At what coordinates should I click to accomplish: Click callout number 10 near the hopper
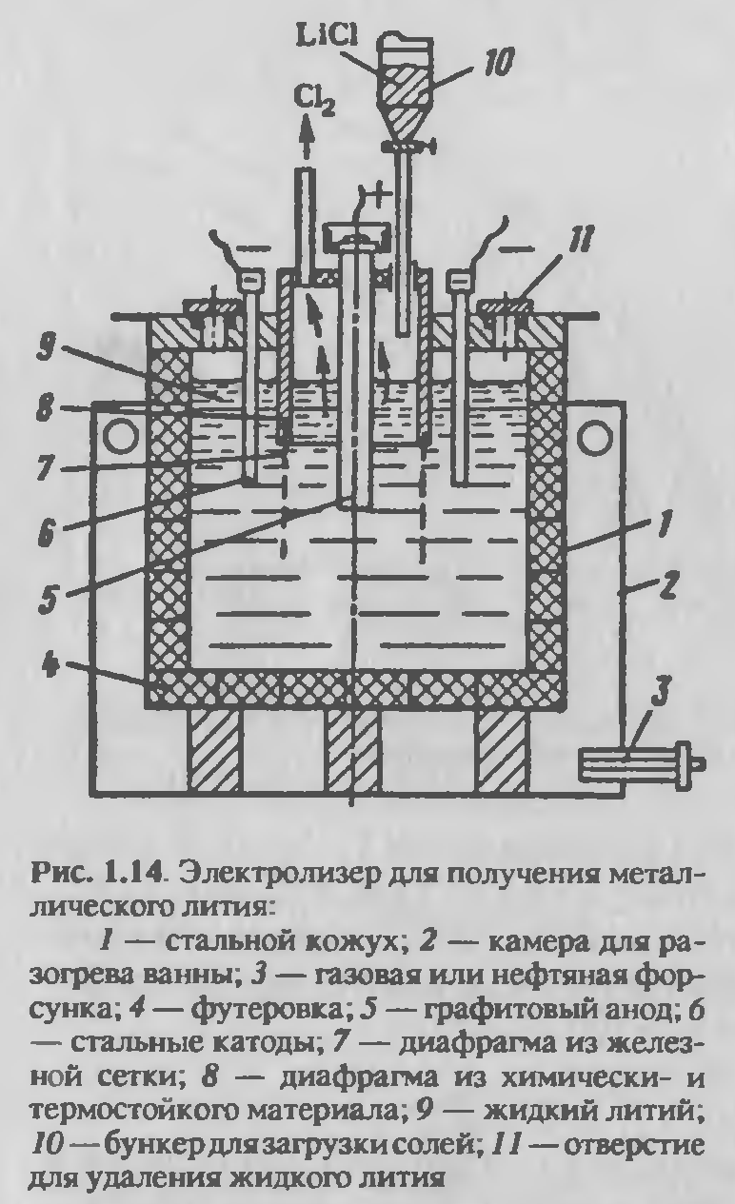pos(492,63)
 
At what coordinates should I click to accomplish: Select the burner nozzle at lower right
pos(638,763)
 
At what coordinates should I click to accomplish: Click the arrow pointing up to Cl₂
pos(306,140)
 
